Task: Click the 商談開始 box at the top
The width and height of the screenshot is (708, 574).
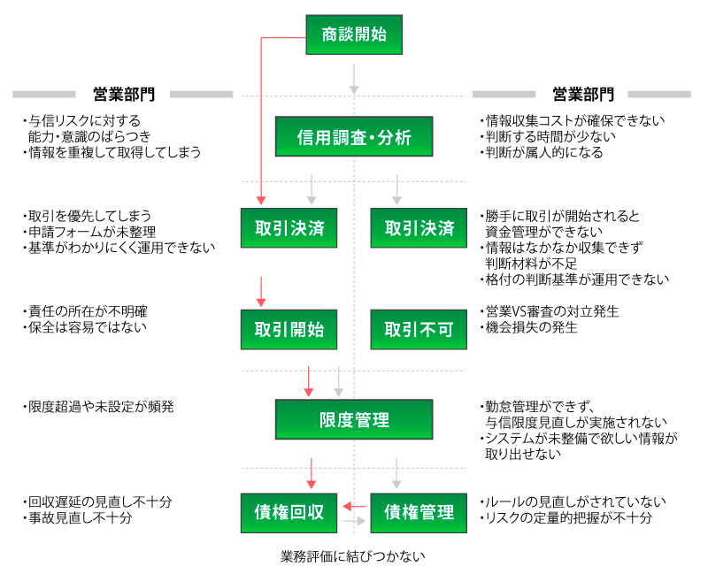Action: tap(354, 35)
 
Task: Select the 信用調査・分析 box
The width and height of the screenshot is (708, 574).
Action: tap(354, 137)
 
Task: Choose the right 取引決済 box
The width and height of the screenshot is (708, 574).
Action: tap(419, 228)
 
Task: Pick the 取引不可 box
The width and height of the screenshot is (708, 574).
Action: tap(419, 330)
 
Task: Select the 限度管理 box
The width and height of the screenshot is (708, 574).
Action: tap(354, 419)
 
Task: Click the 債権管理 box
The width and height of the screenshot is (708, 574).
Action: tap(419, 512)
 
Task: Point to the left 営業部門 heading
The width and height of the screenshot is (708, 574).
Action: tap(123, 94)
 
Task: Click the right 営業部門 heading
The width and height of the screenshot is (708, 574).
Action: tap(582, 94)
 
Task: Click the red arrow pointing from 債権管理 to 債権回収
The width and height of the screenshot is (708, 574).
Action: tap(355, 506)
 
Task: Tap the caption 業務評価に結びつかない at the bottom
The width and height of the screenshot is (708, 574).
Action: tap(353, 557)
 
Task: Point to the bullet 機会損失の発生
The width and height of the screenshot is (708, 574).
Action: tap(532, 328)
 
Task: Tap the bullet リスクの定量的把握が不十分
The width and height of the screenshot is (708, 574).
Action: tap(566, 518)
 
